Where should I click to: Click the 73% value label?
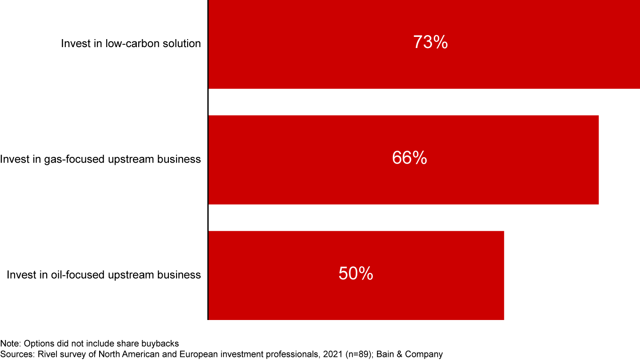[430, 43]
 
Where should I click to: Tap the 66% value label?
[409, 158]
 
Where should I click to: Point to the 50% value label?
[356, 274]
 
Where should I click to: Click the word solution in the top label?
[184, 44]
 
